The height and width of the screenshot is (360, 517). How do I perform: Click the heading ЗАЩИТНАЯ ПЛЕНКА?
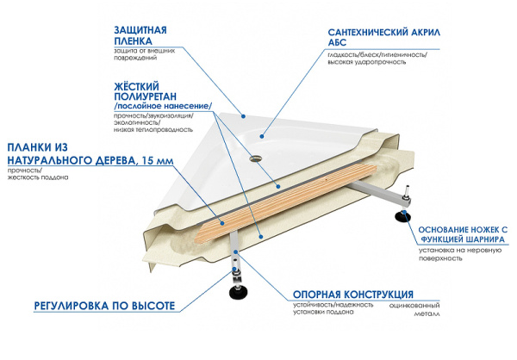click(x=142, y=35)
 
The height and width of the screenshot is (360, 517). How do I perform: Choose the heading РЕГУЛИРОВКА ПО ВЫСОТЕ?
click(x=104, y=306)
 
